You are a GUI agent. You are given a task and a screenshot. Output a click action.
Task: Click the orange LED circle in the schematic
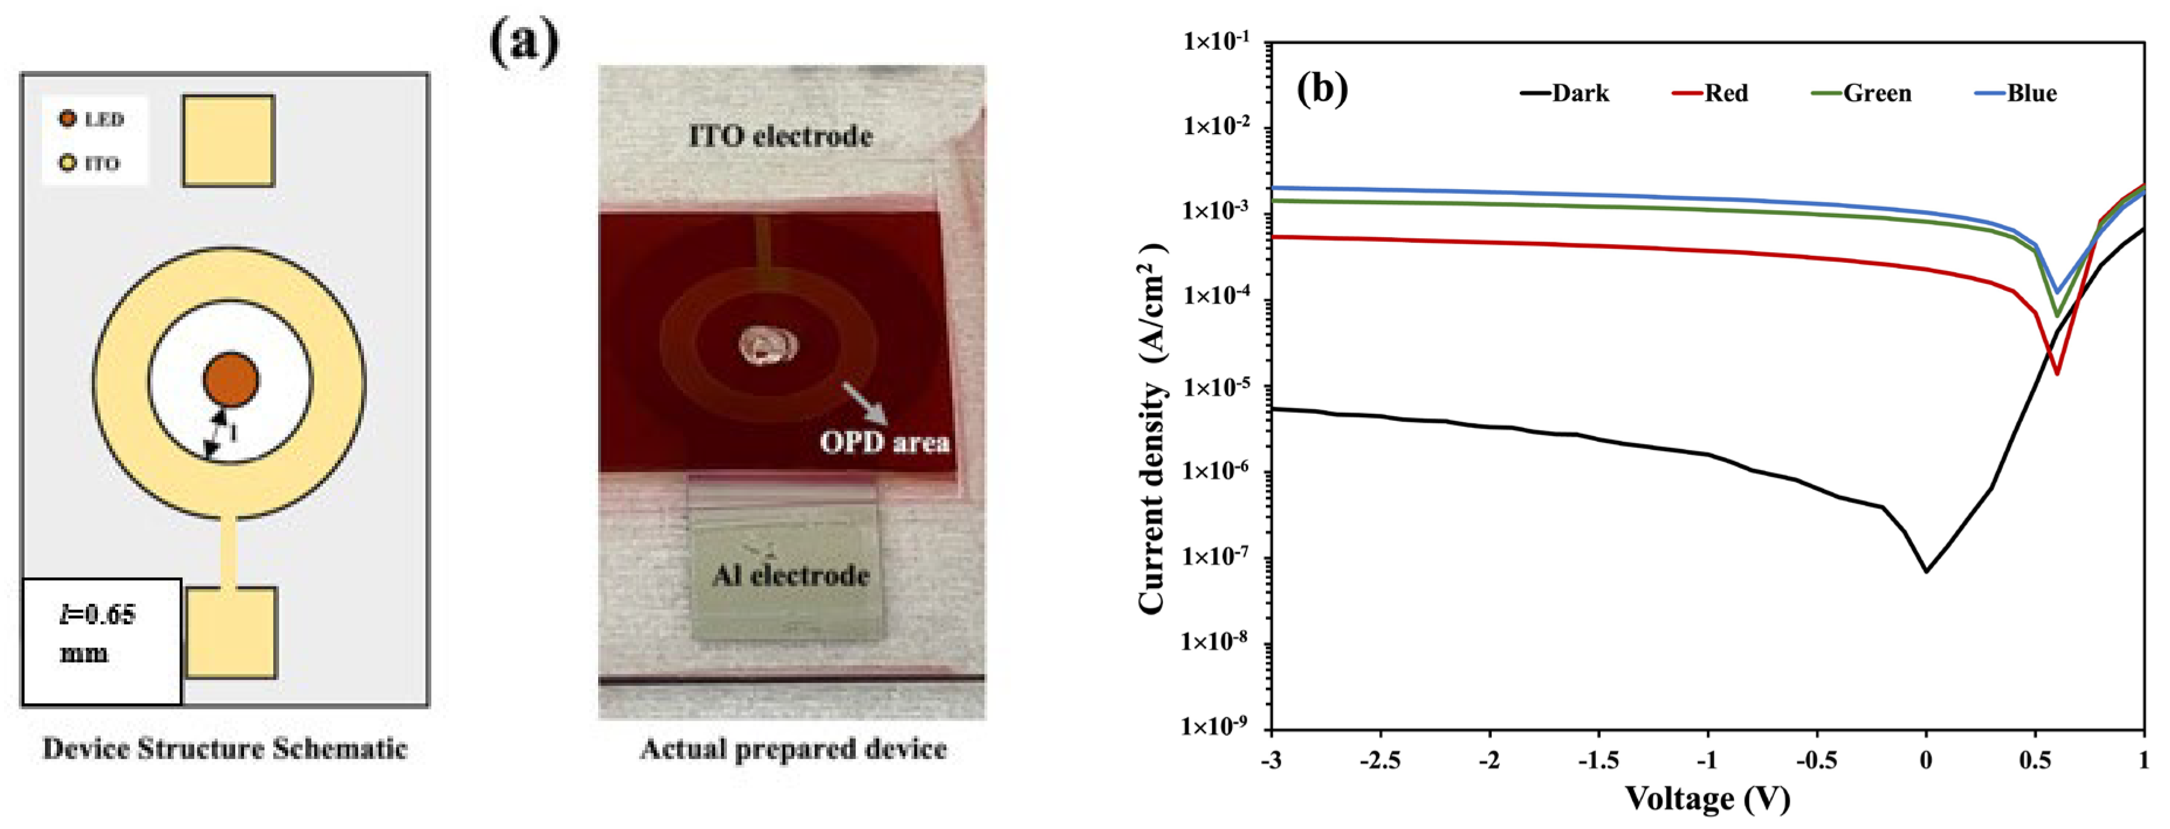point(231,379)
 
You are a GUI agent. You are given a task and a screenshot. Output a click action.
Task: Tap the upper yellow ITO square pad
point(228,141)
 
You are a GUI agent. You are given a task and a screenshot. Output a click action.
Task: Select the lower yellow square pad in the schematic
point(231,633)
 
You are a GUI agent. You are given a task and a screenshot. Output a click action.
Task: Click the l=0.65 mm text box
point(101,641)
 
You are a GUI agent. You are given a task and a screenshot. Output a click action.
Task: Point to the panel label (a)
point(523,42)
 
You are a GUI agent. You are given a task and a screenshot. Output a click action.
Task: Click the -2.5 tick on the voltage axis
point(1380,760)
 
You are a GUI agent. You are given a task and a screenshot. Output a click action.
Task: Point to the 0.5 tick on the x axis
point(2035,760)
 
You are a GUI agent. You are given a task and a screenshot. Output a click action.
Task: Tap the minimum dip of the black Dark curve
point(1926,570)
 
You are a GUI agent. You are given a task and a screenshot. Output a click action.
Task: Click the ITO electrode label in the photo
point(780,136)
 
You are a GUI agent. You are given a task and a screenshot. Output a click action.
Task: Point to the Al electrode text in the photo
point(790,575)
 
